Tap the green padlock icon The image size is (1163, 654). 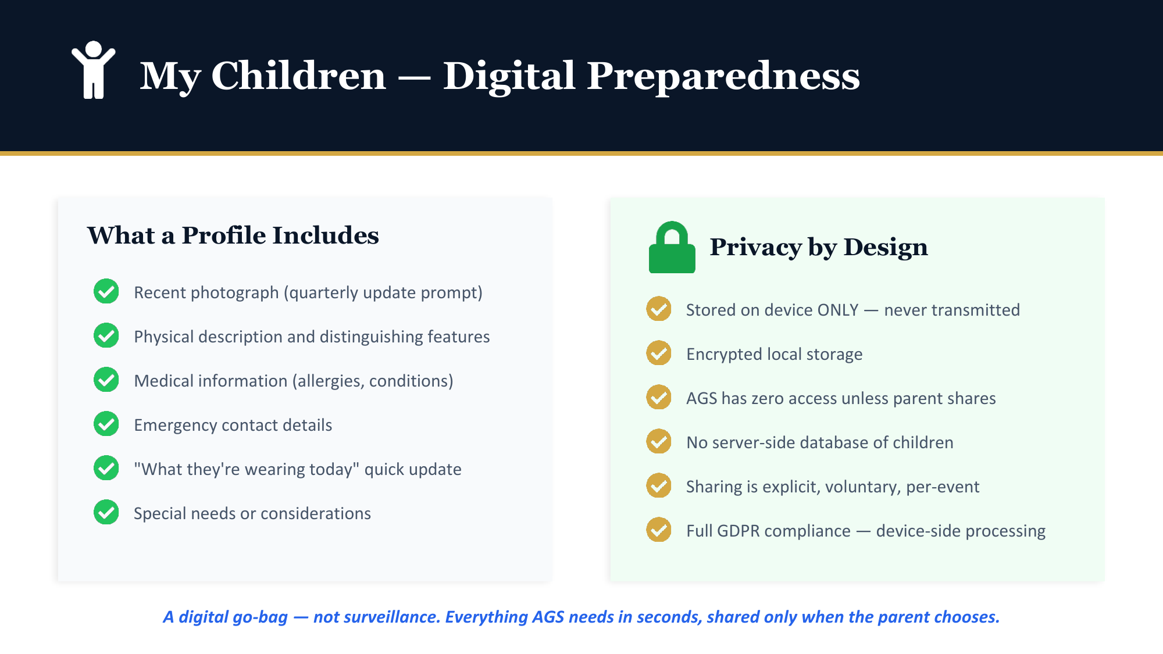click(672, 247)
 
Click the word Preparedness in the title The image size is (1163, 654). click(723, 76)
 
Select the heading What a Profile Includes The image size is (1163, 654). click(233, 235)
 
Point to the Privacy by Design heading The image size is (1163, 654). click(819, 247)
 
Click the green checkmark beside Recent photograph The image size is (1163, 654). click(106, 291)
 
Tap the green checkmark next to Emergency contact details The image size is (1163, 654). click(106, 424)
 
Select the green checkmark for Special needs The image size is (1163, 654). click(106, 512)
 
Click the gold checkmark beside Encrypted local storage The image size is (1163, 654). click(659, 353)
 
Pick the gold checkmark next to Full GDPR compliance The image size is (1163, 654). click(659, 530)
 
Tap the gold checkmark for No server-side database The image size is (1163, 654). click(659, 441)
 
